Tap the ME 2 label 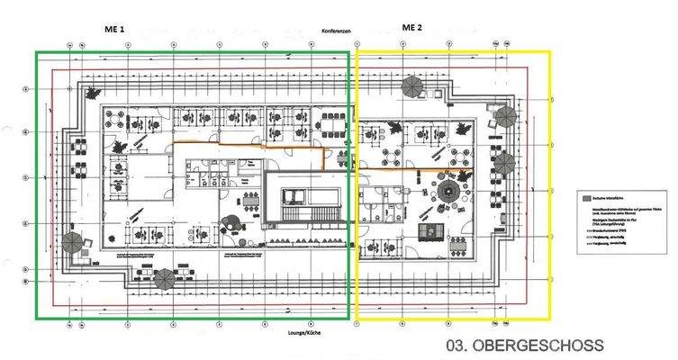(411, 28)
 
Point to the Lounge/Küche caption (301, 335)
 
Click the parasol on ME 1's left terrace (72, 242)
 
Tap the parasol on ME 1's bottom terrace (165, 278)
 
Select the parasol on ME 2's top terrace (412, 86)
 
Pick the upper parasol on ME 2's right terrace (505, 117)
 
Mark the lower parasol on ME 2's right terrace (504, 163)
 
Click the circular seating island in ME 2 (448, 190)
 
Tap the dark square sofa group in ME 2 (433, 230)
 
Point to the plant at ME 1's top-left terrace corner (91, 91)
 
